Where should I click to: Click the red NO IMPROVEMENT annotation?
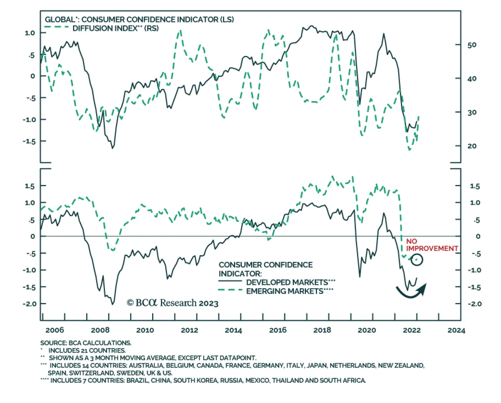click(431, 245)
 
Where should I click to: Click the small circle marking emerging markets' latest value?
click(417, 259)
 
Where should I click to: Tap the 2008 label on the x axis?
click(100, 330)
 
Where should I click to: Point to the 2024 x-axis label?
click(456, 330)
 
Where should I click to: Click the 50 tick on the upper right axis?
click(472, 45)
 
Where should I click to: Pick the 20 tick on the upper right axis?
click(472, 146)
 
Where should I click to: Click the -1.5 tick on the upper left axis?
click(29, 141)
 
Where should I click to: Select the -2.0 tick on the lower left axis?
click(29, 304)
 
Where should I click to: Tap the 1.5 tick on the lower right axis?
click(475, 186)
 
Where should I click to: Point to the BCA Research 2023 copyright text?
click(173, 303)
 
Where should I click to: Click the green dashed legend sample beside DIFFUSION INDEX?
click(56, 28)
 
